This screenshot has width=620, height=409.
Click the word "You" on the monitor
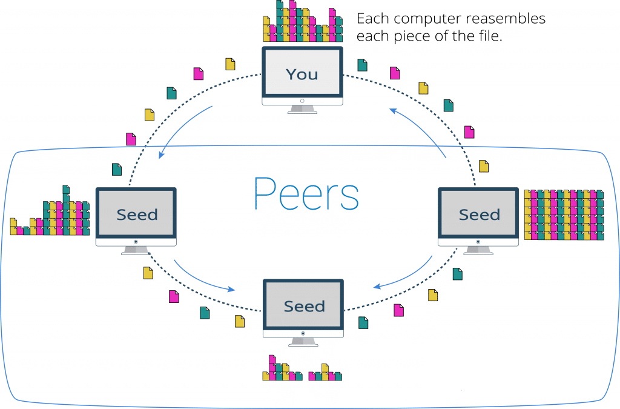[302, 75]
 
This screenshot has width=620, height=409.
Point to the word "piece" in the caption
[406, 36]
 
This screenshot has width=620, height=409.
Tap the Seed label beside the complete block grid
[479, 214]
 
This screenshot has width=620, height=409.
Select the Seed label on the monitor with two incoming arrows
[304, 307]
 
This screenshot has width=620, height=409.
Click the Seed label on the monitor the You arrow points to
[137, 214]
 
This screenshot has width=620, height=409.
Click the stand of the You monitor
[302, 109]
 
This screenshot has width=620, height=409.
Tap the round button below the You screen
[302, 101]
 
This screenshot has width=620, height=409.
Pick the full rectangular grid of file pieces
[564, 214]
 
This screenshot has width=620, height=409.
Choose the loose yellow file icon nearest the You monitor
[230, 64]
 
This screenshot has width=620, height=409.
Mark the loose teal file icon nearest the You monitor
[362, 65]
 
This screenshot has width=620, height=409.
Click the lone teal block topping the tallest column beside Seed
[66, 190]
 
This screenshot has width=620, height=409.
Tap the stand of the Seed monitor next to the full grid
[478, 250]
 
